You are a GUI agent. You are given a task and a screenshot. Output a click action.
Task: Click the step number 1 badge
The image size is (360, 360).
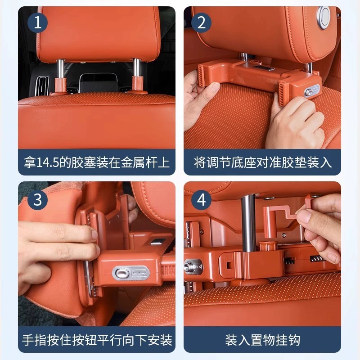(37, 23)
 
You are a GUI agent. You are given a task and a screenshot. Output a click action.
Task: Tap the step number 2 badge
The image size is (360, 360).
(201, 23)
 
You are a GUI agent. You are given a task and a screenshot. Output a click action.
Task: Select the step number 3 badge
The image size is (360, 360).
(37, 199)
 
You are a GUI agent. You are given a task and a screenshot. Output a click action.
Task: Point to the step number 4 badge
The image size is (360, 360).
(201, 199)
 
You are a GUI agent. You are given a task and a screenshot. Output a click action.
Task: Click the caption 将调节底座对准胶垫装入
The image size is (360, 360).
(263, 162)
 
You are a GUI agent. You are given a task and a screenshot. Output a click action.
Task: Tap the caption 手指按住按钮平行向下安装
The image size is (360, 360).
(97, 340)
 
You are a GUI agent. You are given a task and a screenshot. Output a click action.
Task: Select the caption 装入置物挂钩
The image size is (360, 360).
(262, 340)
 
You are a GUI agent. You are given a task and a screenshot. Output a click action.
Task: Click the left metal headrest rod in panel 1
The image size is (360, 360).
(60, 69)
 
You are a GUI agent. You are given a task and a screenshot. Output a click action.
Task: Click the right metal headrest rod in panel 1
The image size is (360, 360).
(137, 68)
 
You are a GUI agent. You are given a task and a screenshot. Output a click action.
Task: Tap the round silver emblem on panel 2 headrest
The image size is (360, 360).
(324, 18)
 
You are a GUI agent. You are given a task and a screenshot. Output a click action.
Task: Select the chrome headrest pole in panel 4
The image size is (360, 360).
(249, 223)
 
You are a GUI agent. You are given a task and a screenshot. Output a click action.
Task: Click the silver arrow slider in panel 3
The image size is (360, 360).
(140, 273)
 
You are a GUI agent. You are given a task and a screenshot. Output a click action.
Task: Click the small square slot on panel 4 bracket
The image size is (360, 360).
(229, 265)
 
